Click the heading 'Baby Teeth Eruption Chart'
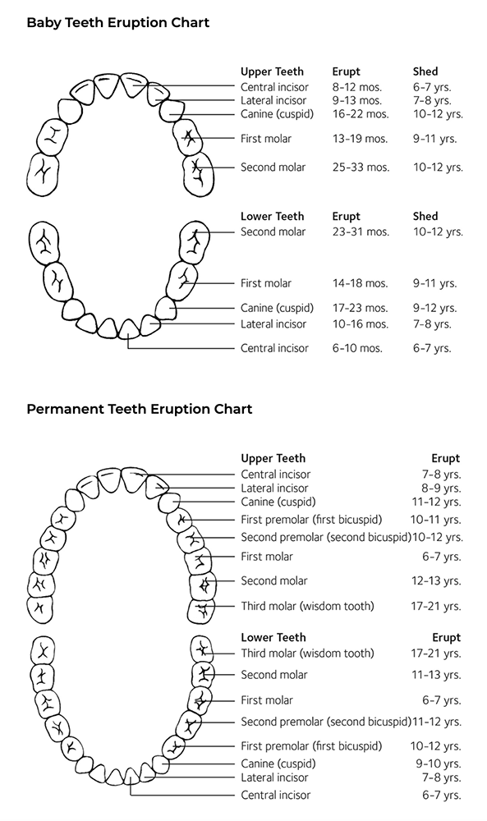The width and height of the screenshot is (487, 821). [x=117, y=23]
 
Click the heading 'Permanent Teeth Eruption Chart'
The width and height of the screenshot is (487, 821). [x=140, y=409]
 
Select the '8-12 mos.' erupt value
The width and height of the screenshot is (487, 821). [x=357, y=87]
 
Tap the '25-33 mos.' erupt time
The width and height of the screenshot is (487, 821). [x=361, y=167]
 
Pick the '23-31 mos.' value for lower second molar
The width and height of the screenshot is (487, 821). [x=361, y=232]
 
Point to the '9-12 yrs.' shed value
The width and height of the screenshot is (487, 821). [x=434, y=308]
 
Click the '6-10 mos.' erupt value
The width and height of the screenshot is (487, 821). [x=357, y=348]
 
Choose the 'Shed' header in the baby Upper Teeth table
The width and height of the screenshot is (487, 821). [x=425, y=71]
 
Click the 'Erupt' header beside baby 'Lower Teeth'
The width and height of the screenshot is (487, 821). [x=346, y=216]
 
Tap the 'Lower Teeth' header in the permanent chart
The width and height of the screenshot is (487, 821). [x=273, y=638]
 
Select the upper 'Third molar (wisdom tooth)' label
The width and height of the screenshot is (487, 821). [x=307, y=607]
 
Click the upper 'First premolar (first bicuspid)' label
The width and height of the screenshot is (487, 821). [x=311, y=520]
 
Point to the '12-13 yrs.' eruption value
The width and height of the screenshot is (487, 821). [x=436, y=580]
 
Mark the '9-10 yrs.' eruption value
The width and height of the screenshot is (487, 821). [x=439, y=764]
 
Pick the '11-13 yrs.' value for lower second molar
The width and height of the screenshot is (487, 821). [x=436, y=675]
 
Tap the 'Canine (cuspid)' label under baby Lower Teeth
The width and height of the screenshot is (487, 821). [x=277, y=308]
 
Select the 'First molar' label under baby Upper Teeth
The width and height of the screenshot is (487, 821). [x=266, y=139]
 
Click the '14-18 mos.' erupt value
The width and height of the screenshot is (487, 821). [x=361, y=283]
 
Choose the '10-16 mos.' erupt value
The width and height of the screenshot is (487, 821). [x=361, y=324]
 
